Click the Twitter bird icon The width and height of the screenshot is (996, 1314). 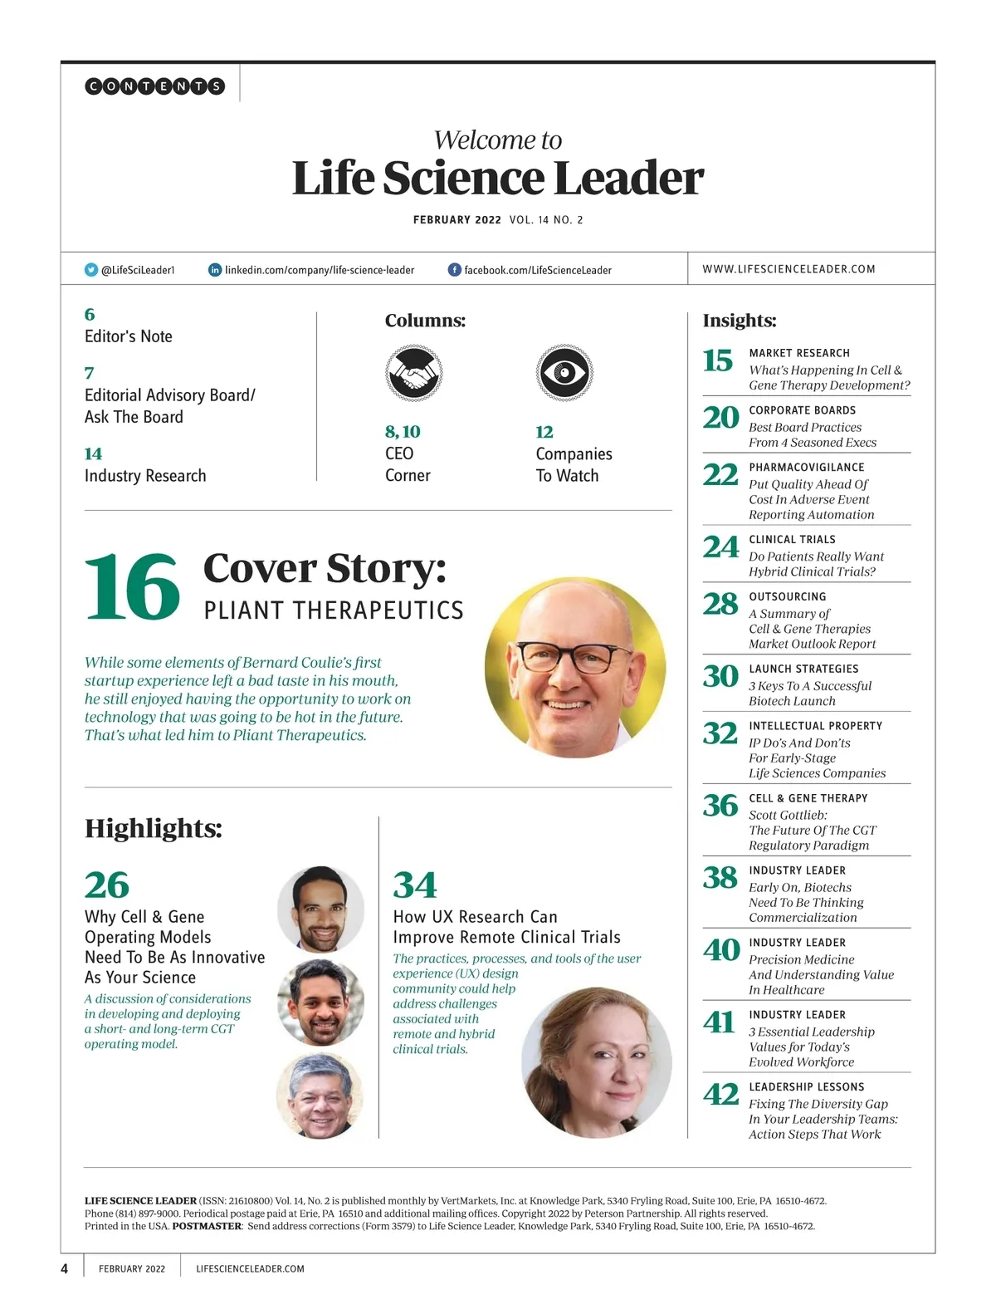click(91, 270)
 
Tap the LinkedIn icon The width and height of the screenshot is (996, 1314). click(215, 270)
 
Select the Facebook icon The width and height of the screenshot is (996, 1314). click(454, 270)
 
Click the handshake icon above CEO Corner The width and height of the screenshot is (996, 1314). click(413, 373)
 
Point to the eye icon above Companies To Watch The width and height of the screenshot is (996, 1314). click(564, 373)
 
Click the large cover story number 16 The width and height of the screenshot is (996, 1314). click(132, 587)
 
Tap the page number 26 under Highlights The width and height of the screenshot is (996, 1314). click(107, 885)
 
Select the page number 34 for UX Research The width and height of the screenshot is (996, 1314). click(415, 885)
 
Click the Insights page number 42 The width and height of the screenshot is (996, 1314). click(720, 1094)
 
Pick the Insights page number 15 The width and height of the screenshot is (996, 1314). click(718, 360)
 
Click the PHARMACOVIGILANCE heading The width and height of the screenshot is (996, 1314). click(806, 468)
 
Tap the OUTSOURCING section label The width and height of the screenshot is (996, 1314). click(787, 597)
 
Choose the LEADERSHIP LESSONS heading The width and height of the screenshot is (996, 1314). click(806, 1087)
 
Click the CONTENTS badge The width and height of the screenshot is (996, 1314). click(155, 86)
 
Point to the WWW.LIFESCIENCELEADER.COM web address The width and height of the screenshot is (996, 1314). click(788, 269)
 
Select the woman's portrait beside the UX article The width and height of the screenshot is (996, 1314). click(596, 1061)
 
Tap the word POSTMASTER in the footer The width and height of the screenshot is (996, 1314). click(207, 1226)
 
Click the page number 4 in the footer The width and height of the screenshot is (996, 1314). click(65, 1268)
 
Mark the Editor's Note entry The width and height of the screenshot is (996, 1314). click(129, 336)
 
